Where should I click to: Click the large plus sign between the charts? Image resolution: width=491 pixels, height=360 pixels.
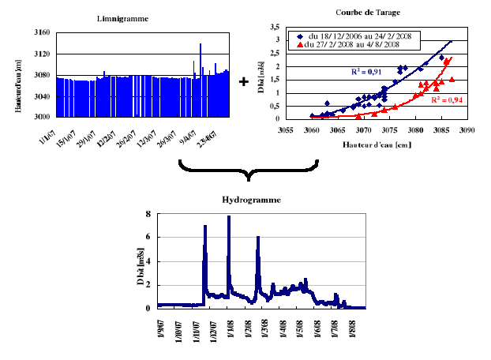243,81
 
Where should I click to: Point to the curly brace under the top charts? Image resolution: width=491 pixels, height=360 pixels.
248,173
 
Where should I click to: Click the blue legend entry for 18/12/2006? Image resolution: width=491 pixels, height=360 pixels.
360,36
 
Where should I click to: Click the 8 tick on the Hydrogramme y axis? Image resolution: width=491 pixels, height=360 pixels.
148,214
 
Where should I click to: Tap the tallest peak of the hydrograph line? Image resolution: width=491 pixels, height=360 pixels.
229,216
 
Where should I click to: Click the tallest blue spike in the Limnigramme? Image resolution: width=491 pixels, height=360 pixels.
201,45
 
